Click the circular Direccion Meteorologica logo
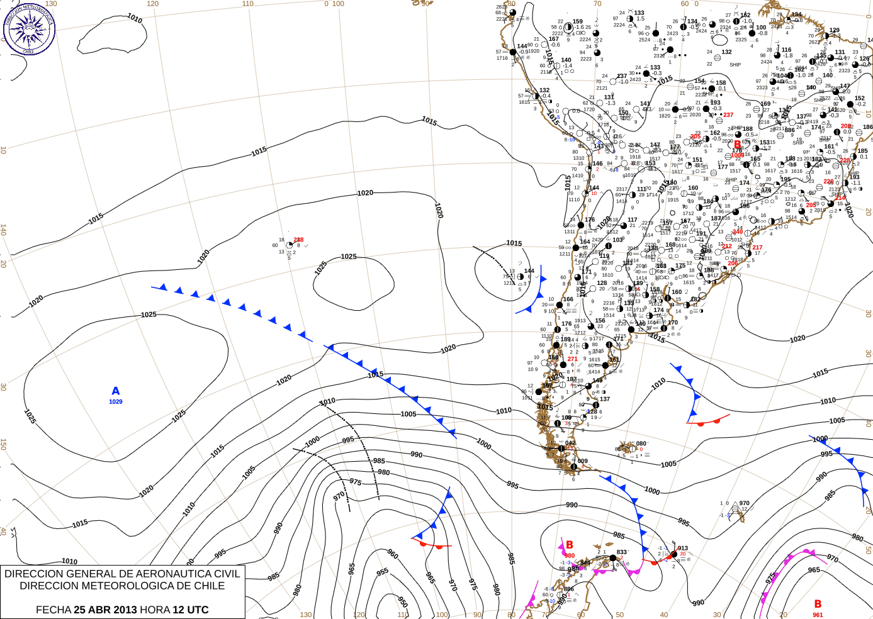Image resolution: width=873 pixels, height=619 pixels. click(29, 29)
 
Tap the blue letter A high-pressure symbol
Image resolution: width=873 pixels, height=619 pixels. click(116, 391)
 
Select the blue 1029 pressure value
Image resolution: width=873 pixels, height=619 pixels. click(116, 402)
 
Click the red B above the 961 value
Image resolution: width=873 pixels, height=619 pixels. click(818, 604)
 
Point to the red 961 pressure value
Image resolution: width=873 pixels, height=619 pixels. click(818, 615)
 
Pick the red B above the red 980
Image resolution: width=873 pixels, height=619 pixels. click(570, 545)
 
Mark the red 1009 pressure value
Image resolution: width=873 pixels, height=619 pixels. click(738, 155)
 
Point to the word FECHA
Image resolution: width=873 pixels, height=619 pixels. click(53, 610)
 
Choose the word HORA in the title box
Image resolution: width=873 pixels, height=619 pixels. click(154, 610)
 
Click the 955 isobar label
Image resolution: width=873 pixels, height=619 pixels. click(383, 572)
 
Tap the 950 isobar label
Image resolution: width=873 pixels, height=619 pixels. click(403, 602)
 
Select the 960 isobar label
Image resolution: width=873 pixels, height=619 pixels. click(393, 554)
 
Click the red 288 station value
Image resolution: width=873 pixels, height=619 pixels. click(298, 240)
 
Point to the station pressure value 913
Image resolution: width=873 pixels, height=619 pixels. click(683, 548)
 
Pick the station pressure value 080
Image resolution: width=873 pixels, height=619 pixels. click(641, 443)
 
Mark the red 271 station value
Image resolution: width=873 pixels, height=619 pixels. click(572, 359)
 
